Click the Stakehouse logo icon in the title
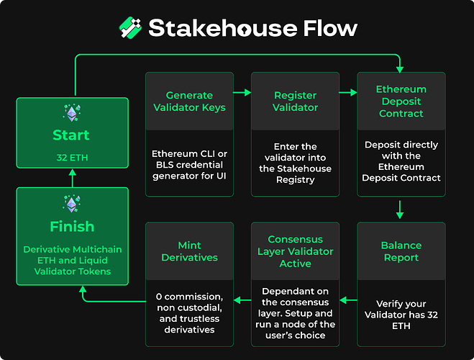130,27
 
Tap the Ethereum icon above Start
71,114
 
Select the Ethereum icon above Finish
71,204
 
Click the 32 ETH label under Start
71,157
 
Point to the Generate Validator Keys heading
190,102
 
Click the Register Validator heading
296,102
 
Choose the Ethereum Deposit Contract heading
401,102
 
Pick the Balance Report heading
401,251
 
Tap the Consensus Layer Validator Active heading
296,251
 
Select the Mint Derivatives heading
190,251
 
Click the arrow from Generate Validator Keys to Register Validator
242,92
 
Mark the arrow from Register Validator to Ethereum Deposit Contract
349,92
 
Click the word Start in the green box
71,135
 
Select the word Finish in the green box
71,226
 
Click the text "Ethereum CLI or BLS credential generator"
190,159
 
